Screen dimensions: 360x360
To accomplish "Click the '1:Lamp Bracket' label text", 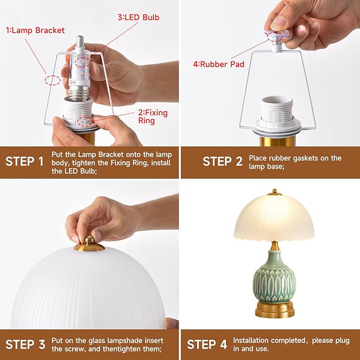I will [35, 30].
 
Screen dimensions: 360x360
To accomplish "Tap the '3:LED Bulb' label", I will [138, 17].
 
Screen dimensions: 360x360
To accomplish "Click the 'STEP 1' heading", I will [24, 161].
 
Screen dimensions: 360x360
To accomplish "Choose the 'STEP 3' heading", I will [24, 345].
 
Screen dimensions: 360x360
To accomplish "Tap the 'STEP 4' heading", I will [207, 345].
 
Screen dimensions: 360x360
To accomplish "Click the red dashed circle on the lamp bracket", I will [52, 81].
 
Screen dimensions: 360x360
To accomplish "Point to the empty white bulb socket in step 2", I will [277, 109].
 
